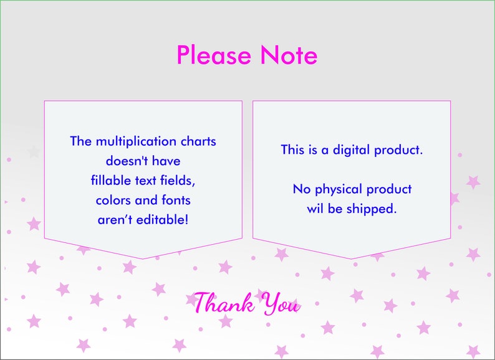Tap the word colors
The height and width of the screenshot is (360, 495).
tap(115, 201)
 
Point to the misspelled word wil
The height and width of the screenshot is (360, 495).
tap(314, 209)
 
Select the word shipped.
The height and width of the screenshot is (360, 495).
tap(373, 209)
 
